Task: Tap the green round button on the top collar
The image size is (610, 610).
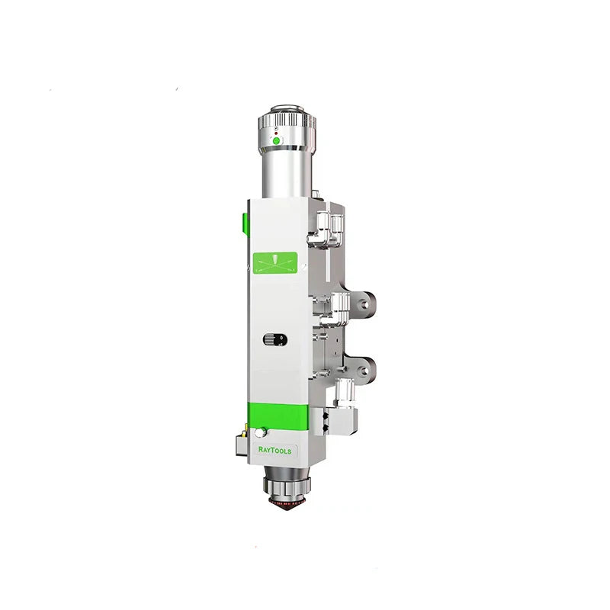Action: [277, 141]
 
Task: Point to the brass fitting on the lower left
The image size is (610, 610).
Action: [241, 431]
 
